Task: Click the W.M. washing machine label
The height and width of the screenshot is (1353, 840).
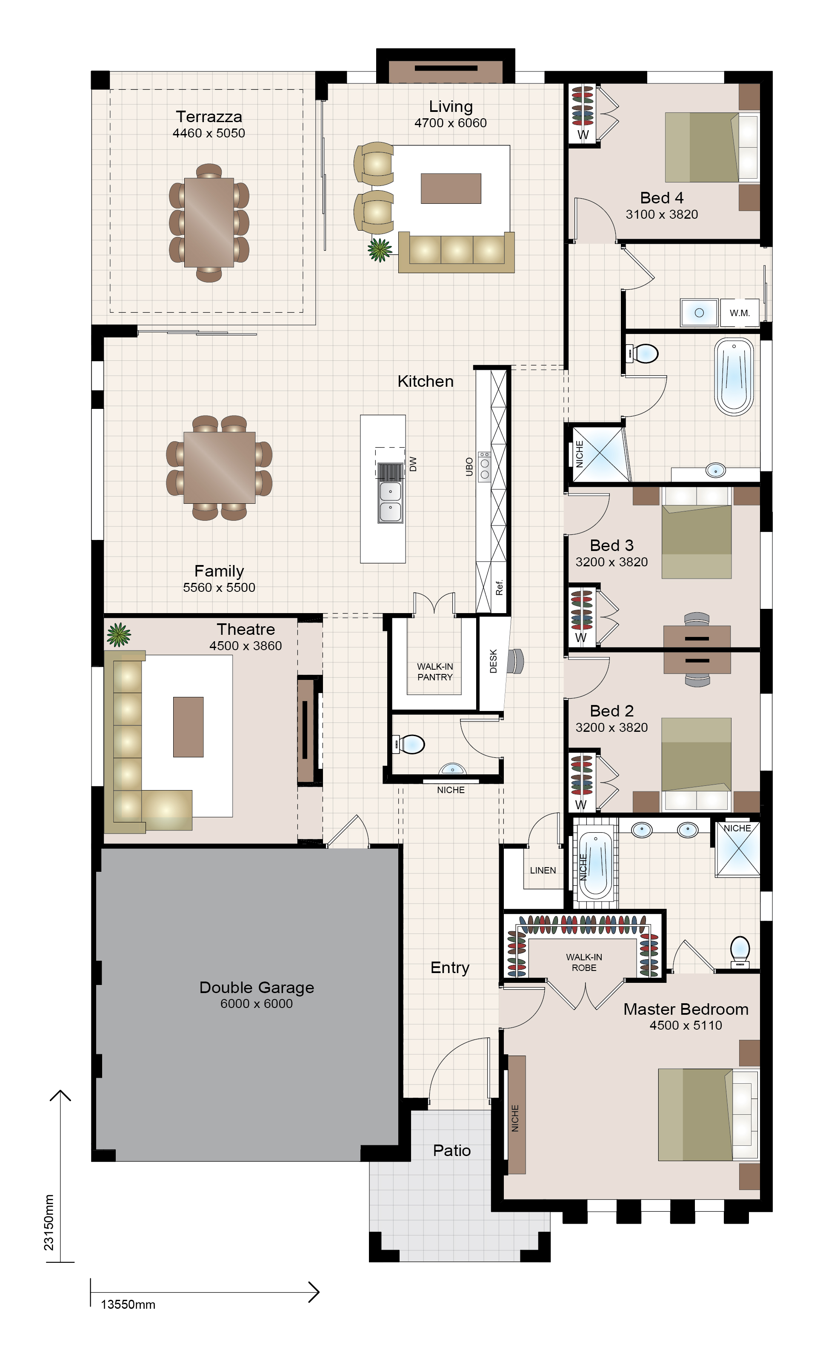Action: (x=740, y=313)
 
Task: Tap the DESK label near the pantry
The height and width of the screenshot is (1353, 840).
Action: (x=493, y=661)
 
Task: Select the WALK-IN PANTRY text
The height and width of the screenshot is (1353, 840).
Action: (x=435, y=671)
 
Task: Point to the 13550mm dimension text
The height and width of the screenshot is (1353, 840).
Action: (x=128, y=1304)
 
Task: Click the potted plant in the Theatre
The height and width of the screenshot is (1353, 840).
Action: (x=118, y=634)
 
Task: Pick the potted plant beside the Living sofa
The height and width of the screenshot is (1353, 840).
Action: (x=380, y=249)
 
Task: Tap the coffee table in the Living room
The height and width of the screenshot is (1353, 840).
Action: (x=451, y=188)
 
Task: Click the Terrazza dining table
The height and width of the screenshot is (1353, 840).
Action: (x=209, y=223)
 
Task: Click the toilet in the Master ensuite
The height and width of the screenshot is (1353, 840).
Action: (x=740, y=952)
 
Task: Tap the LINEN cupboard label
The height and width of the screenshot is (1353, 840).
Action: (x=543, y=871)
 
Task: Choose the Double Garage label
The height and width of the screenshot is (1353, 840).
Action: (x=257, y=987)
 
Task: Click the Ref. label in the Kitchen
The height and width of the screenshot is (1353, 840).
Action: (x=499, y=588)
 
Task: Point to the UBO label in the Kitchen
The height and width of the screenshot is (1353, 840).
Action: (x=469, y=467)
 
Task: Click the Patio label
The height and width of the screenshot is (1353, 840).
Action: (x=451, y=1150)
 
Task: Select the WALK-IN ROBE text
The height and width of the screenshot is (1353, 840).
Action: (x=584, y=962)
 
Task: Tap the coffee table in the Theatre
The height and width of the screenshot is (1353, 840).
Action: (x=189, y=727)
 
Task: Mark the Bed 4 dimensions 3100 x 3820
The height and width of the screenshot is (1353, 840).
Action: (x=662, y=214)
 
